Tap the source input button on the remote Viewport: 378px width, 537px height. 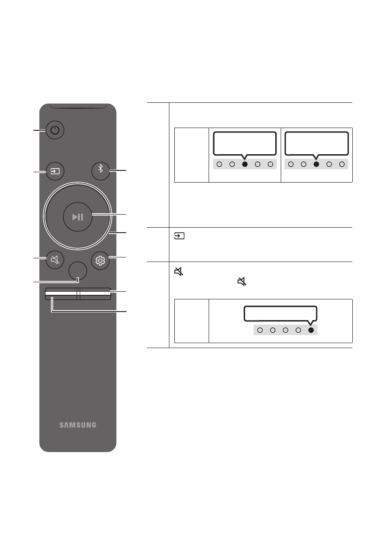pos(55,171)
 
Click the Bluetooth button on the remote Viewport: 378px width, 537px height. pos(100,171)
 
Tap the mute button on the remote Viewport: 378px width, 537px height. pos(55,260)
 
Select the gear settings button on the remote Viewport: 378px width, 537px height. pos(100,261)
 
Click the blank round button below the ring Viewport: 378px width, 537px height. pos(77,271)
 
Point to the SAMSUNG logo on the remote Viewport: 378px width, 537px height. pos(78,425)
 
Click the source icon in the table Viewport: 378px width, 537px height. pos(179,236)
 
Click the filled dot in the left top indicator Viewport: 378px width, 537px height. pos(245,164)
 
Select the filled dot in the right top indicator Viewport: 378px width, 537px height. pos(316,164)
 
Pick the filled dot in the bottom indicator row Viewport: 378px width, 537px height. pos(311,330)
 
